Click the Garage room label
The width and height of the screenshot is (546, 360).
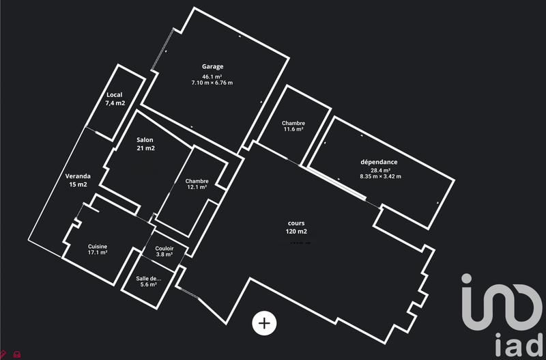click(212, 66)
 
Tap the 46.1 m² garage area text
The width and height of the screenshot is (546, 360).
click(212, 77)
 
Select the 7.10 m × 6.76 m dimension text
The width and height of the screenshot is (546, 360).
click(212, 83)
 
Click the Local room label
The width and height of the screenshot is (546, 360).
click(115, 95)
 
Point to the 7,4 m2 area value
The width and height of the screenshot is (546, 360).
click(115, 103)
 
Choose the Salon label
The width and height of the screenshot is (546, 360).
click(145, 139)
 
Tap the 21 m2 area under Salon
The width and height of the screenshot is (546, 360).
click(145, 148)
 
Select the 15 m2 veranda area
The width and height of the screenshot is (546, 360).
click(77, 184)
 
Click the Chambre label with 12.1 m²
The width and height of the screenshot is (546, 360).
click(197, 181)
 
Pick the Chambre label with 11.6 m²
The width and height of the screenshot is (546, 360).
click(293, 123)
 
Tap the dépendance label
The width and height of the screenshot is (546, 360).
click(379, 162)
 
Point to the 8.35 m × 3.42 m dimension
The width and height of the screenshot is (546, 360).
click(380, 177)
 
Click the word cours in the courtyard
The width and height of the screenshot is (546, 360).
click(296, 223)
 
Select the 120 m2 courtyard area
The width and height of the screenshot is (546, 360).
click(296, 232)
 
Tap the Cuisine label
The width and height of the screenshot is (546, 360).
click(98, 247)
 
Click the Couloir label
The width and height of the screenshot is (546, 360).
click(164, 248)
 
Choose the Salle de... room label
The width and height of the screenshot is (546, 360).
click(149, 278)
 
